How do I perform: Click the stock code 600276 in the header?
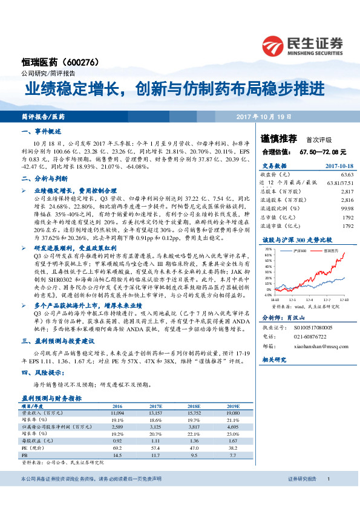[x=80, y=62]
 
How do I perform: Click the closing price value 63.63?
[x=347, y=173]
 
